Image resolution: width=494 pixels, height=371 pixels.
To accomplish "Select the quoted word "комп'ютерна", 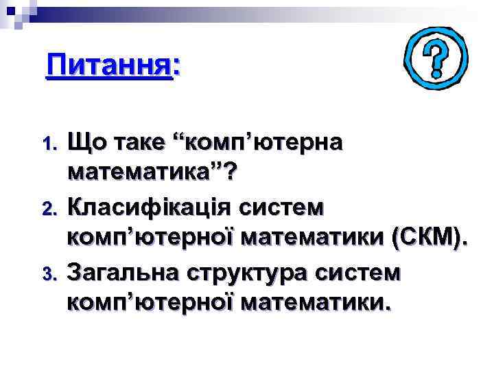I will pyautogui.click(x=261, y=143).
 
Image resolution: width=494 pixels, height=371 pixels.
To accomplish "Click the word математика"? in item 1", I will pyautogui.click(x=150, y=175).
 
